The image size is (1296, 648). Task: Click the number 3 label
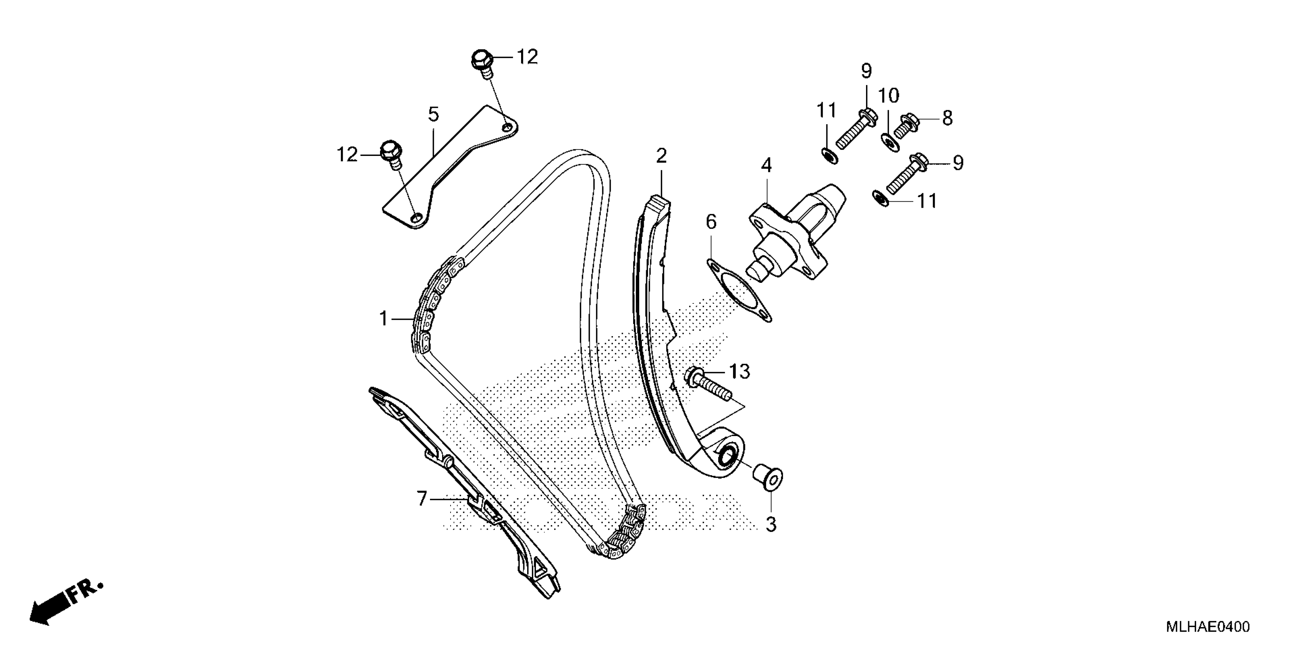coord(771,524)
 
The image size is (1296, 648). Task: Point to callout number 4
coord(766,165)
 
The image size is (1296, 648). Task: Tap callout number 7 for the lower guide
coord(422,499)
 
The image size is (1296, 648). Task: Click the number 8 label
coord(947,119)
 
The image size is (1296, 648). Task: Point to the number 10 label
coord(889,95)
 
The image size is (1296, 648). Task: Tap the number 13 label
coord(739,372)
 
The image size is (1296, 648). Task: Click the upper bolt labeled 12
coord(482,63)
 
